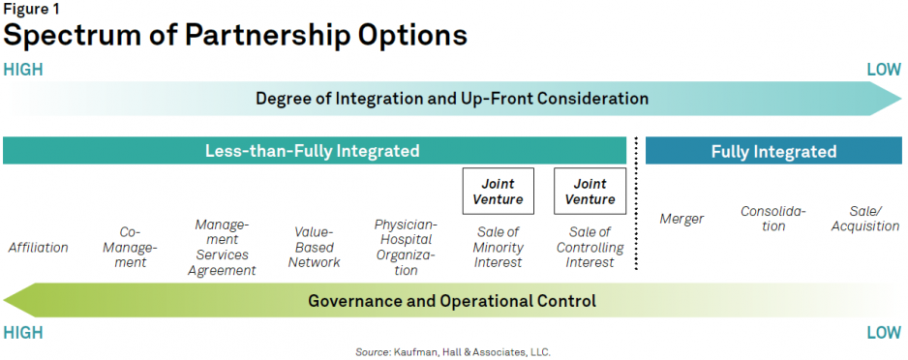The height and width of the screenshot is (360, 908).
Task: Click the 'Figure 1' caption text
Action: [30, 9]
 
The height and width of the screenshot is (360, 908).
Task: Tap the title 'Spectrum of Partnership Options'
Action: [235, 36]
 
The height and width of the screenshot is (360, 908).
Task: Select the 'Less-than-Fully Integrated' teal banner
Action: [315, 151]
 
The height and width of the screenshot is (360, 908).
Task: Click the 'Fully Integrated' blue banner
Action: [773, 151]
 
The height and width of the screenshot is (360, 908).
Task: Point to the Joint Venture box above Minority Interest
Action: [498, 191]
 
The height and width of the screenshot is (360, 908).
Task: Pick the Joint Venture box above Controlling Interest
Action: [590, 191]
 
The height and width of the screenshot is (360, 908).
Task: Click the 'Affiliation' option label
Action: [38, 248]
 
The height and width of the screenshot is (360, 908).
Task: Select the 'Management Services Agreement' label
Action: [222, 247]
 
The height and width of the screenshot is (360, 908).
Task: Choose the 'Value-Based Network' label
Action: [315, 247]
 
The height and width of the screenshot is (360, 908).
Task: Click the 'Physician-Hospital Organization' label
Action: [406, 247]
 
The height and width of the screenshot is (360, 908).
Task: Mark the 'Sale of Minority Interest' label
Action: [498, 247]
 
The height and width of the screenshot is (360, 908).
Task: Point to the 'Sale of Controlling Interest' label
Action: [590, 247]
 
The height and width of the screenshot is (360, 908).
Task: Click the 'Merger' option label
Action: [681, 220]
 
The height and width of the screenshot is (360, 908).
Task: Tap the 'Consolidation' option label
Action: [773, 219]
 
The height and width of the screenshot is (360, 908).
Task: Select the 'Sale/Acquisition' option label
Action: [865, 219]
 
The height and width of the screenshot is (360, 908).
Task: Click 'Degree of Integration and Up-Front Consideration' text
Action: [452, 99]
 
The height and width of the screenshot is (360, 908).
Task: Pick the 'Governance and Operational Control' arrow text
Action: [452, 301]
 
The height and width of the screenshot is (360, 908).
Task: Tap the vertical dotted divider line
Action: [636, 204]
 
